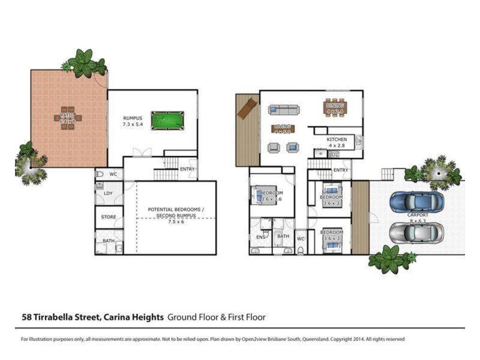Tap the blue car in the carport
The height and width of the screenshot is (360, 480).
point(418,202)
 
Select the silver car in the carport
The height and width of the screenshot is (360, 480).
point(416,232)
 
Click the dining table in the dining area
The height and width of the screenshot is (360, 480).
point(335,107)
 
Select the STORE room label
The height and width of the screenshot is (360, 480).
point(109,217)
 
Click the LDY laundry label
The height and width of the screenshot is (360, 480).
point(108,193)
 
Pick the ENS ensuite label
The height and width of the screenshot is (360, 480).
point(260,237)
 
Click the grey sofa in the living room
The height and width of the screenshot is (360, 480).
point(284,110)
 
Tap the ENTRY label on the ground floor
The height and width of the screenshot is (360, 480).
point(188,169)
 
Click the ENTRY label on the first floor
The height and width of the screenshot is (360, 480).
point(340,170)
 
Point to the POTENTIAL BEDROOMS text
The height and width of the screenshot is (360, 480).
point(176,210)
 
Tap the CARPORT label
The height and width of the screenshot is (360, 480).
point(418,214)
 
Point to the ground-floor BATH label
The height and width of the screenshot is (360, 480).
point(108,241)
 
